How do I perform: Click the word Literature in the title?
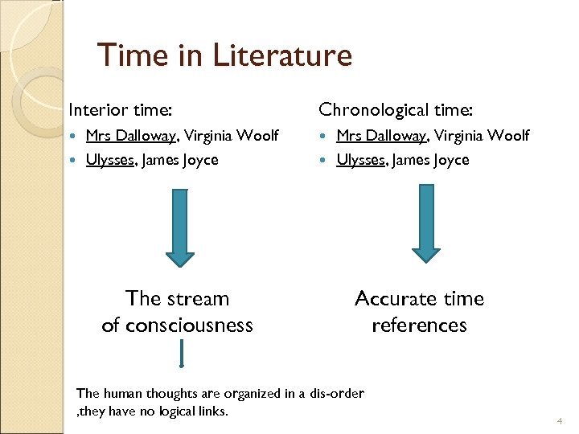(282, 55)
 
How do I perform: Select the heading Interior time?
(121, 108)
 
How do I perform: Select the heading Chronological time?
(396, 108)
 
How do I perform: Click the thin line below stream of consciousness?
(183, 353)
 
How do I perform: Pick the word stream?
(200, 298)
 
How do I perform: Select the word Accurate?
(392, 298)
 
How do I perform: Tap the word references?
(419, 325)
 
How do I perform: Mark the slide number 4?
(559, 421)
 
